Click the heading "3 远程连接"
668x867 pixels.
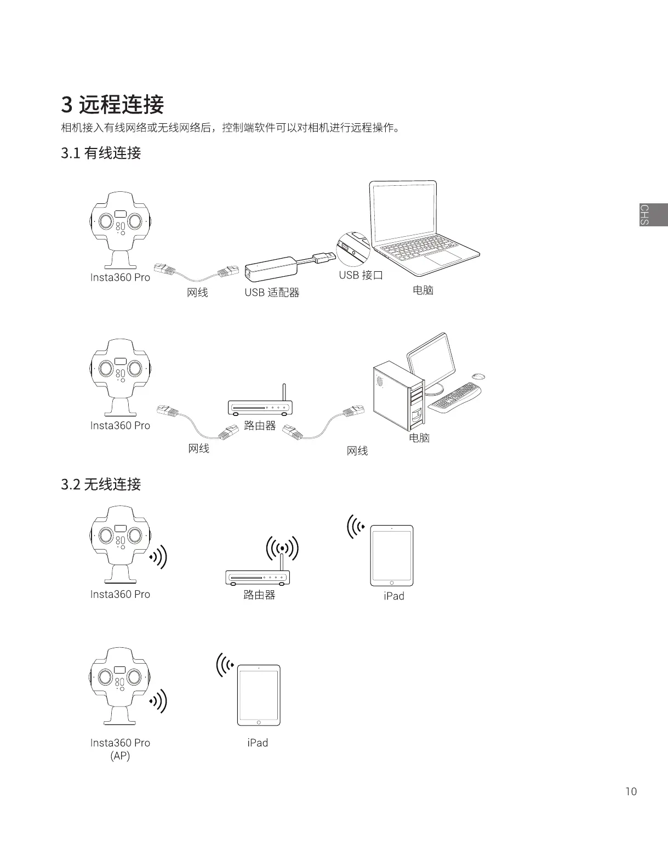coord(112,104)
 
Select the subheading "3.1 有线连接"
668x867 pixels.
coord(101,153)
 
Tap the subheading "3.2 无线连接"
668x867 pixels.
coord(101,484)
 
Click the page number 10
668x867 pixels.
coord(631,791)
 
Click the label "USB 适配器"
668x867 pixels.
coord(272,292)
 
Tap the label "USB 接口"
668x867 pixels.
coord(361,275)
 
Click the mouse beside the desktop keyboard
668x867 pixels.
coord(478,376)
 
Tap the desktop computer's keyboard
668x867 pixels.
coord(455,397)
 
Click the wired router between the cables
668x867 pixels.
coord(260,406)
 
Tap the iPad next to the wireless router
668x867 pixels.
coord(392,556)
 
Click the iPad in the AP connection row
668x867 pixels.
coord(259,695)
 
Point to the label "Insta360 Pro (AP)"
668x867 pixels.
coord(120,749)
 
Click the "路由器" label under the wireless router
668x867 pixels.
coord(259,595)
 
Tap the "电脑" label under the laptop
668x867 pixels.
coord(423,290)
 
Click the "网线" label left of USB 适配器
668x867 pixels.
coord(197,292)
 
